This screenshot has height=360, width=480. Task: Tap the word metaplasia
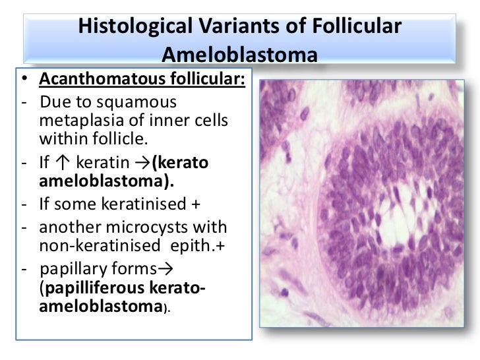coord(76,122)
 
